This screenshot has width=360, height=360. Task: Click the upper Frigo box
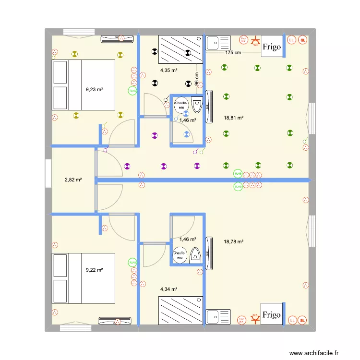click(271, 47)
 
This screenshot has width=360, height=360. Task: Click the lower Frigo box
click(271, 314)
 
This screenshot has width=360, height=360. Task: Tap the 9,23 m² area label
click(95, 89)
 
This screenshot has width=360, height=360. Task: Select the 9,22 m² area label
click(95, 270)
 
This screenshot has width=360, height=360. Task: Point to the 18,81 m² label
click(234, 118)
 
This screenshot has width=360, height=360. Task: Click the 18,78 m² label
click(234, 242)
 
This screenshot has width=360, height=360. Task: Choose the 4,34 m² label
click(169, 289)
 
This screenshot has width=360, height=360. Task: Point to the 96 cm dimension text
click(197, 79)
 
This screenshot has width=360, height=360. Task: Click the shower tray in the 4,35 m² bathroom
click(180, 49)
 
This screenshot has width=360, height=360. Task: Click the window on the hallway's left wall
click(48, 173)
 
